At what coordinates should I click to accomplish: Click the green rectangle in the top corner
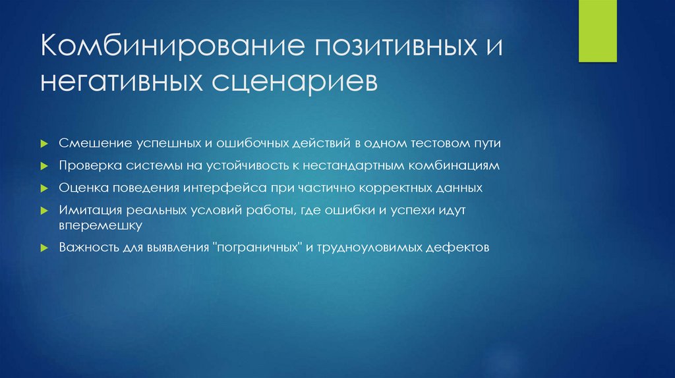(597, 31)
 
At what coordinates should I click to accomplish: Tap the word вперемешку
(100, 225)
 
